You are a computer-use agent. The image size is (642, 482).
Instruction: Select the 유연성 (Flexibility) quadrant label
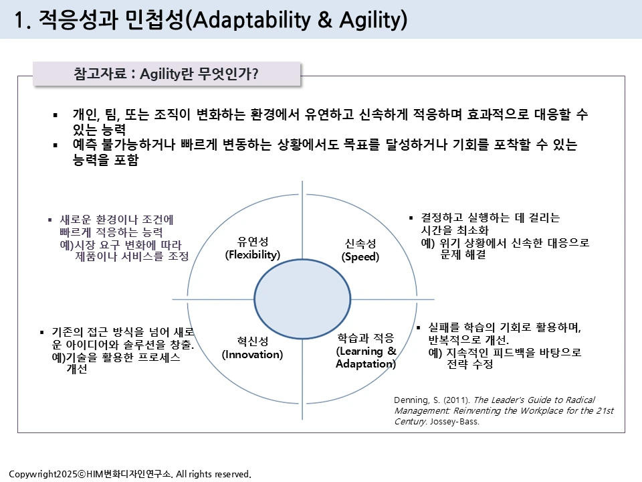pyautogui.click(x=253, y=248)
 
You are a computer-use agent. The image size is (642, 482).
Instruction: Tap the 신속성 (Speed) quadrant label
pyautogui.click(x=360, y=250)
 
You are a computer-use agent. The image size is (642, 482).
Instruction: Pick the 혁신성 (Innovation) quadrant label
pyautogui.click(x=252, y=347)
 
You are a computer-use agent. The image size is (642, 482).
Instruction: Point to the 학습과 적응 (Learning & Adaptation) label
pyautogui.click(x=366, y=351)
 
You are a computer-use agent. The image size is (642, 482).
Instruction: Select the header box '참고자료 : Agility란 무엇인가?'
pyautogui.click(x=167, y=74)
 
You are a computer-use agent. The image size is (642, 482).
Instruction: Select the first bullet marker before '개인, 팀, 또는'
pyautogui.click(x=56, y=115)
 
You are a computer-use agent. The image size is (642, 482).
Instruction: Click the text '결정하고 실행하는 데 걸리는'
pyautogui.click(x=490, y=218)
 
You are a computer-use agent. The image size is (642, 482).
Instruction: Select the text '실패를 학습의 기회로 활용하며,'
pyautogui.click(x=504, y=327)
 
